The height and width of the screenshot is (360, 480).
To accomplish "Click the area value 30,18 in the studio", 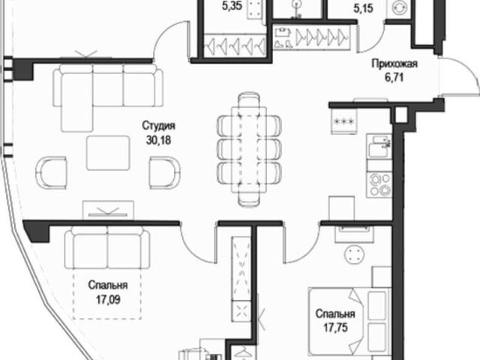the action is (158, 140).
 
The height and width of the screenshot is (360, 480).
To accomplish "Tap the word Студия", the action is (158, 125).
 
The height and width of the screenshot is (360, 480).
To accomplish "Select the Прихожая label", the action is (394, 64).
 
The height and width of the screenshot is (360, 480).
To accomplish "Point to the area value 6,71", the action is (394, 77).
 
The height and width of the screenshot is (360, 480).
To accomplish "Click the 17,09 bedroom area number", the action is (108, 300).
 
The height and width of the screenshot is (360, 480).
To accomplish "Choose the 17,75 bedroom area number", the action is (335, 328).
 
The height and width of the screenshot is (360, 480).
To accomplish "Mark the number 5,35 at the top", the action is (232, 7).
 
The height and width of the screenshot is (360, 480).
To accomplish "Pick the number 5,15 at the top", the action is (363, 8).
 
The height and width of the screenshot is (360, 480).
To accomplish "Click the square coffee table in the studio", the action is (108, 153).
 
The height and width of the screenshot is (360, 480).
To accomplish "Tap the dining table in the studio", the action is (249, 150).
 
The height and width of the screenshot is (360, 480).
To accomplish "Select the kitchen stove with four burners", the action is (379, 184).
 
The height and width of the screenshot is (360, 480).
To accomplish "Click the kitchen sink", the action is (379, 146).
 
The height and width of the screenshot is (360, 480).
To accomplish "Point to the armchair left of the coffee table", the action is (51, 172).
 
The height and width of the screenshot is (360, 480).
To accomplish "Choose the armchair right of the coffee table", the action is (165, 172).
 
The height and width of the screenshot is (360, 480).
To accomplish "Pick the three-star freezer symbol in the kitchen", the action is (344, 121).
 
